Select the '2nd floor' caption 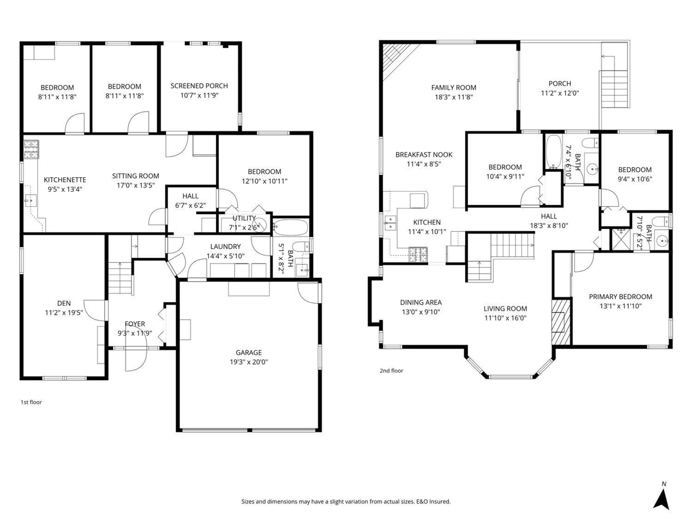(391, 371)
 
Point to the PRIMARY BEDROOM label (620, 297)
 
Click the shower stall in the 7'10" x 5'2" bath (621, 239)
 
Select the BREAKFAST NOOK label (424, 155)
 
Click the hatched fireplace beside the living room (561, 322)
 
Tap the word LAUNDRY (225, 247)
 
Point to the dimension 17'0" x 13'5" (136, 185)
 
